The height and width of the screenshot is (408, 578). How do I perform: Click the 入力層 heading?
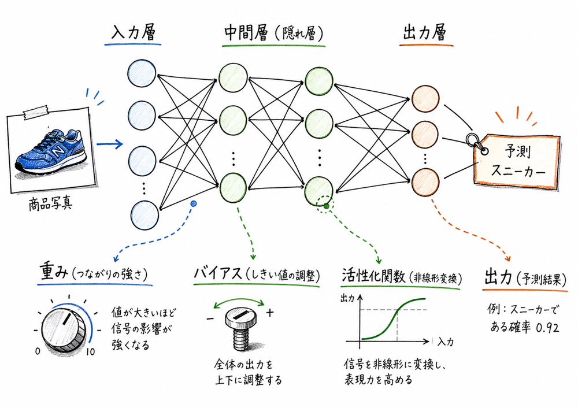tap(135, 34)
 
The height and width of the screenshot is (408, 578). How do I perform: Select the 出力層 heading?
tap(424, 34)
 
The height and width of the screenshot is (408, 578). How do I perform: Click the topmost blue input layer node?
tap(142, 74)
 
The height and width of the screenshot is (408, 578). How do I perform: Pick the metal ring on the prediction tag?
tap(472, 140)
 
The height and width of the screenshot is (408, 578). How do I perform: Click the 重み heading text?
tap(54, 271)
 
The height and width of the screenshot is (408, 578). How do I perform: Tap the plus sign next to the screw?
tap(270, 313)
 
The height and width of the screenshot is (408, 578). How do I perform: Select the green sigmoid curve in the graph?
tap(396, 318)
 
